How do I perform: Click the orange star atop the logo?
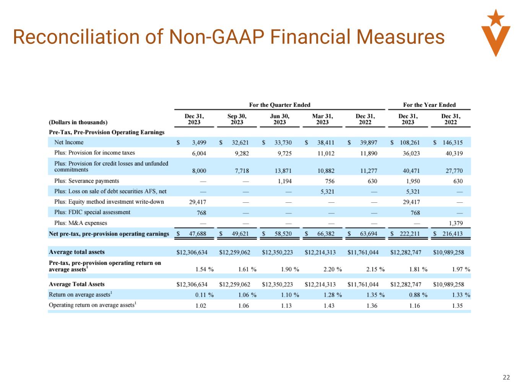pyautogui.click(x=496, y=17)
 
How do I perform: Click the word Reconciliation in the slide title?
pyautogui.click(x=76, y=37)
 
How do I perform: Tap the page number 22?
pyautogui.click(x=506, y=377)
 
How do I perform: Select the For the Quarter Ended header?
pyautogui.click(x=280, y=105)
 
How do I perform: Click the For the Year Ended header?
pyautogui.click(x=429, y=105)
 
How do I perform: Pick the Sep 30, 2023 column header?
pyautogui.click(x=237, y=119)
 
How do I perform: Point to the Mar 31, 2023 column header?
pyautogui.click(x=322, y=119)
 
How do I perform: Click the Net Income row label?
pyautogui.click(x=69, y=142)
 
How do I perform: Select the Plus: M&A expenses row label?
pyautogui.click(x=81, y=223)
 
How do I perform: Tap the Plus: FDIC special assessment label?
pyautogui.click(x=92, y=212)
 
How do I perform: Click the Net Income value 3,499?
pyautogui.click(x=199, y=143)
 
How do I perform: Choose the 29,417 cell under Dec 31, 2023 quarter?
pyautogui.click(x=198, y=202)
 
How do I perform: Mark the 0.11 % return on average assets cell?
pyautogui.click(x=204, y=295)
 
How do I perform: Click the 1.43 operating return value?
pyautogui.click(x=329, y=305)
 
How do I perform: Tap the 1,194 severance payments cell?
pyautogui.click(x=285, y=181)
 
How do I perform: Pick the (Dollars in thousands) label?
pyautogui.click(x=78, y=122)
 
